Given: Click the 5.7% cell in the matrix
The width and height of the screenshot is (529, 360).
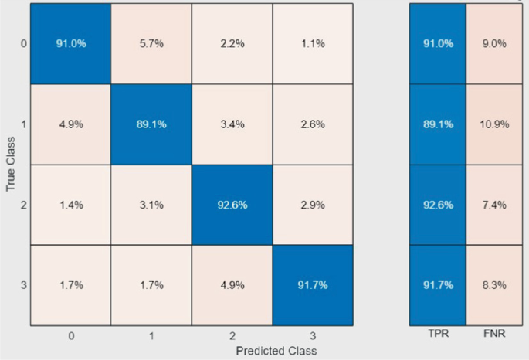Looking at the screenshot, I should (x=151, y=44).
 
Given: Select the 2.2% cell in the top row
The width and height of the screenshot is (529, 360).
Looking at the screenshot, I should (x=231, y=44).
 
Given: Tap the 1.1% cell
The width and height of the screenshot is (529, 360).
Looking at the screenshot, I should (x=311, y=44).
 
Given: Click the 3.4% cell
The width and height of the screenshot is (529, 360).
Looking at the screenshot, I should (x=231, y=124).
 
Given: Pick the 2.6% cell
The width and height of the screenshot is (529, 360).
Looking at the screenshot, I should (x=311, y=124).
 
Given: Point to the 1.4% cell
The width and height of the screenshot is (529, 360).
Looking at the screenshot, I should (x=70, y=205).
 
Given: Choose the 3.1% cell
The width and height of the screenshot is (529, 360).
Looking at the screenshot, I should (x=151, y=205).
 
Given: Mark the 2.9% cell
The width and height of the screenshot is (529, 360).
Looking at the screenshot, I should (x=311, y=205).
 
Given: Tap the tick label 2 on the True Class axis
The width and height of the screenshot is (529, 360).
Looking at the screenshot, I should (x=24, y=205).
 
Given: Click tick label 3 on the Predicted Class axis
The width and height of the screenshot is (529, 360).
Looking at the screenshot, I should (x=311, y=336).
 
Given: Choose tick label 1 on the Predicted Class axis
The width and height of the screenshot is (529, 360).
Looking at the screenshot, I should (x=151, y=336).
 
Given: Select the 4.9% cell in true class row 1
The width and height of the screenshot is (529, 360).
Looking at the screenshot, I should (x=70, y=124).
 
